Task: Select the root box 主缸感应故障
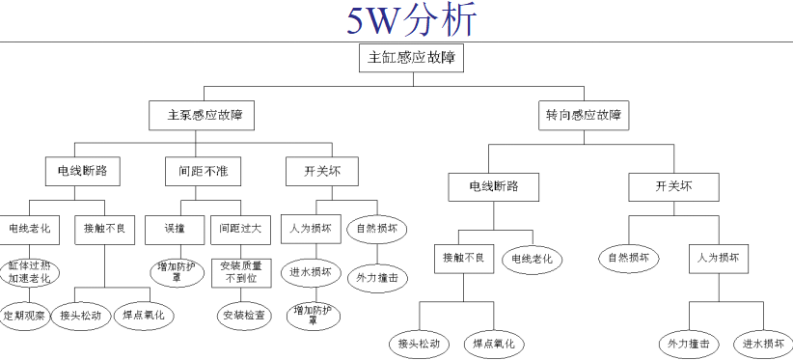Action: tap(411, 58)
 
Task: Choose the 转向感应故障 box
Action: tap(584, 115)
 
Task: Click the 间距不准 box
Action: tap(197, 171)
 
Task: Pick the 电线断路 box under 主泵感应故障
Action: tap(83, 171)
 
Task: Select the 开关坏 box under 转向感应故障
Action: tap(673, 185)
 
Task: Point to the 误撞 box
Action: tap(174, 230)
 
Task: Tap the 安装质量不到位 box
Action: tap(241, 271)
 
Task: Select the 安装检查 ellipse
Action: tap(241, 315)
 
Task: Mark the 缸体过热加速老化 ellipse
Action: tap(29, 271)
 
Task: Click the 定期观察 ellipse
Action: tap(24, 316)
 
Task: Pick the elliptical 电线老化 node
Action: tap(532, 258)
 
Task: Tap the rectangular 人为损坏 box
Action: tap(718, 258)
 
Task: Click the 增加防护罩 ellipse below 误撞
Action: tap(177, 271)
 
